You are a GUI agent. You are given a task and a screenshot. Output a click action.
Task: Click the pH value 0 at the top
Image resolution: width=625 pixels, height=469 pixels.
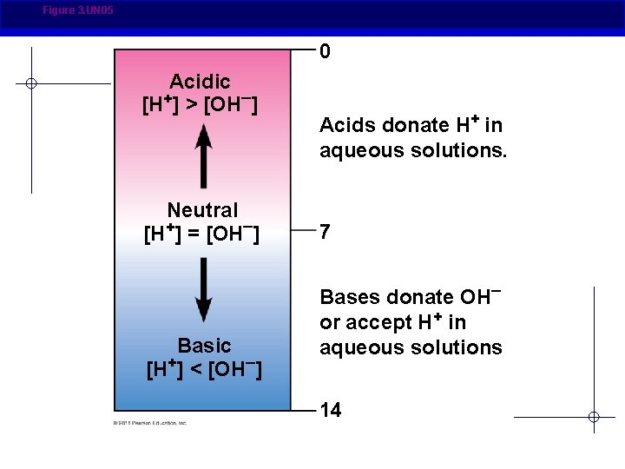point(325,52)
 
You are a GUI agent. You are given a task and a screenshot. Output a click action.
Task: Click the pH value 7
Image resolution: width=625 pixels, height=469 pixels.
point(325,233)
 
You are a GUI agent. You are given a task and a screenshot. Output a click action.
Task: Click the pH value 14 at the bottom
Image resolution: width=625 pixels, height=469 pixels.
point(331,411)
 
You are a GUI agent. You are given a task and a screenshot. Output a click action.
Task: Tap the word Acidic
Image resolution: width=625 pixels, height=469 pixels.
point(201,82)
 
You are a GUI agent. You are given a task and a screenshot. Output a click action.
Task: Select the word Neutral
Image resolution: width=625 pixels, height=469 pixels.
point(202,210)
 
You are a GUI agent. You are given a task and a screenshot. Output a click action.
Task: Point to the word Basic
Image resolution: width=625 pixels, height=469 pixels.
point(204,345)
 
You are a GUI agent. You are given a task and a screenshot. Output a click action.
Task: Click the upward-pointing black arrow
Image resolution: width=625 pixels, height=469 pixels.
point(203,156)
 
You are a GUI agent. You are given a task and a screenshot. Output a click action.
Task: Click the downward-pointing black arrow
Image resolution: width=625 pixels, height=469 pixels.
point(203,289)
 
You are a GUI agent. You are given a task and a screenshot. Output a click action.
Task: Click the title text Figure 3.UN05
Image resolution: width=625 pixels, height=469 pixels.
point(77,10)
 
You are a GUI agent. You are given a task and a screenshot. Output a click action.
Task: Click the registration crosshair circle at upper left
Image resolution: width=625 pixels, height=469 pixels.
point(30,83)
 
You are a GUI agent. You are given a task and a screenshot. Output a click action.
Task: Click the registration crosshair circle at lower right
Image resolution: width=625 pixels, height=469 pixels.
point(594,417)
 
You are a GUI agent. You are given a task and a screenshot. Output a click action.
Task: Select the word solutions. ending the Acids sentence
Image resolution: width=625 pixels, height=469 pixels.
point(460,150)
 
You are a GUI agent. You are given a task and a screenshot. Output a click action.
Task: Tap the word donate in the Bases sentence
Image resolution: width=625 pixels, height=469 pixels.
point(421,298)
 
